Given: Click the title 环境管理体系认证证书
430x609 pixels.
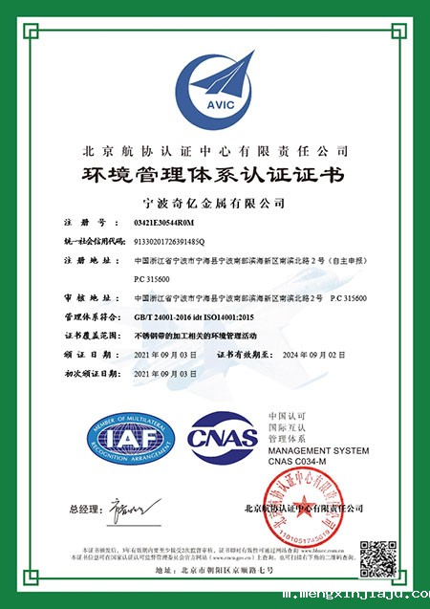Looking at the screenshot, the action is tap(214, 176).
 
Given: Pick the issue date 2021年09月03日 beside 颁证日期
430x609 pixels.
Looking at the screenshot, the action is tap(168, 355).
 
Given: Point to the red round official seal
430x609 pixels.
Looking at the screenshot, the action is tap(306, 509).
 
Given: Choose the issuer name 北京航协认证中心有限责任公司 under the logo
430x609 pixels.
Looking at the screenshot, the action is tap(215, 151).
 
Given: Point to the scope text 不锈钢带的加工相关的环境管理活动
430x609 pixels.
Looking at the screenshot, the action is tap(202, 336).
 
